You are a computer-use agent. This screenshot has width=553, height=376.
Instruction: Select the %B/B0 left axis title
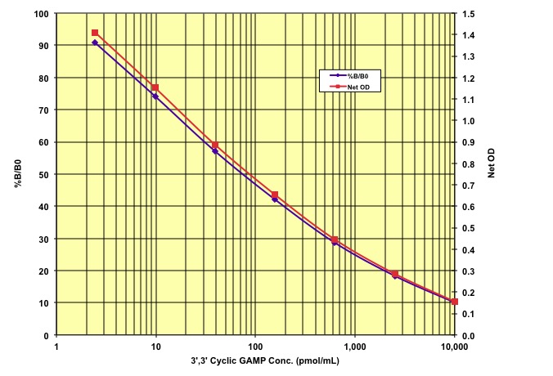point(18,175)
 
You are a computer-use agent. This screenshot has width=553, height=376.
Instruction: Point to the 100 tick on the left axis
point(40,14)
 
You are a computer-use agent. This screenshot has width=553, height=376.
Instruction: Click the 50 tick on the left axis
point(43,174)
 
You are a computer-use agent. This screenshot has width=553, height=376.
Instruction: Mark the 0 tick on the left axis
point(46,335)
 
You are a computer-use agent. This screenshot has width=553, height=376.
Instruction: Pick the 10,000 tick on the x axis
point(454,347)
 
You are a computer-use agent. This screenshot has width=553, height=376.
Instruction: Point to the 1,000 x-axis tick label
point(354,347)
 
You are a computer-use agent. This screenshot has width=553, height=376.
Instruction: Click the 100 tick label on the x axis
point(255,347)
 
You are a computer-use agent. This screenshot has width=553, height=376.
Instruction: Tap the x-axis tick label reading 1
point(56,347)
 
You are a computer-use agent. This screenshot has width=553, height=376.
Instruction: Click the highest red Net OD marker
point(95,33)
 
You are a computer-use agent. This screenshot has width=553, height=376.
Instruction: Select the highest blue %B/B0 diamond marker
point(95,43)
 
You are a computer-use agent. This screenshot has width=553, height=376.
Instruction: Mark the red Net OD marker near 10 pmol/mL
point(155,87)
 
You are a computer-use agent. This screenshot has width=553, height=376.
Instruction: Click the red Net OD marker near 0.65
point(275,195)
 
